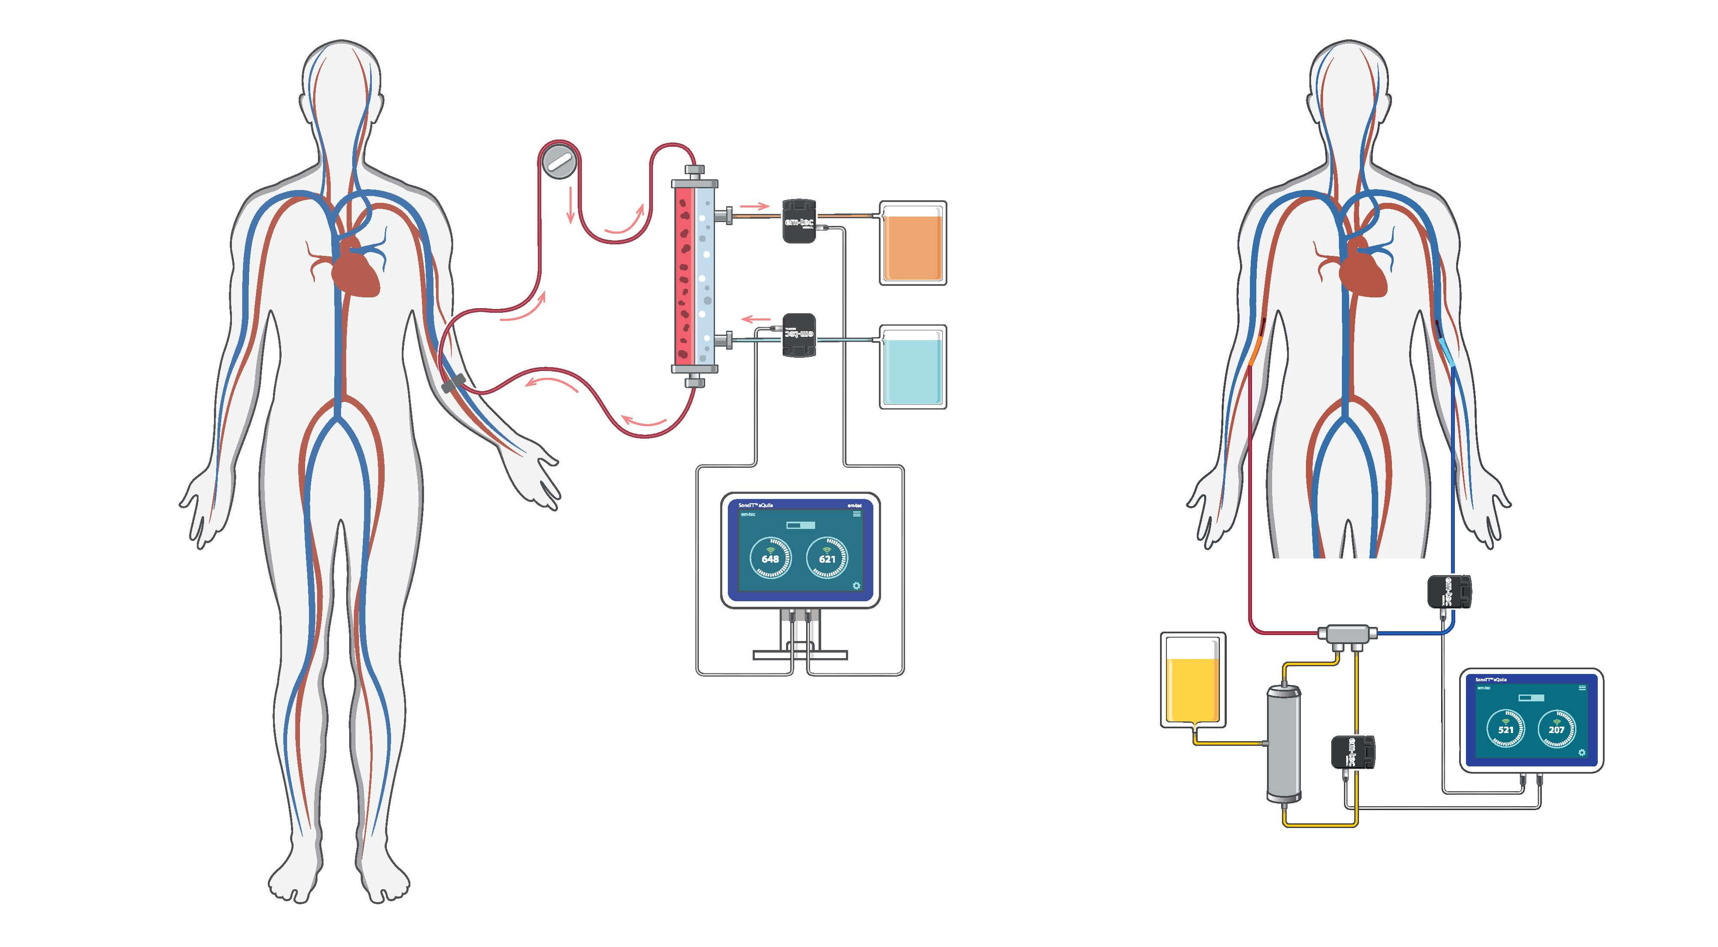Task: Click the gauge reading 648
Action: [770, 558]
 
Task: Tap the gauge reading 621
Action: [827, 558]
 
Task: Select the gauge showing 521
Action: [1506, 729]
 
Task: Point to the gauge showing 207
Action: [1557, 729]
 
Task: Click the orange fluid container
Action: [912, 243]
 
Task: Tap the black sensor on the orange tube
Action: [799, 220]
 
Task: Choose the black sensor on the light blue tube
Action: [799, 335]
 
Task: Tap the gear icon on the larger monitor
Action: [856, 585]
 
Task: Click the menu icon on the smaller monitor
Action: [1582, 688]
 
